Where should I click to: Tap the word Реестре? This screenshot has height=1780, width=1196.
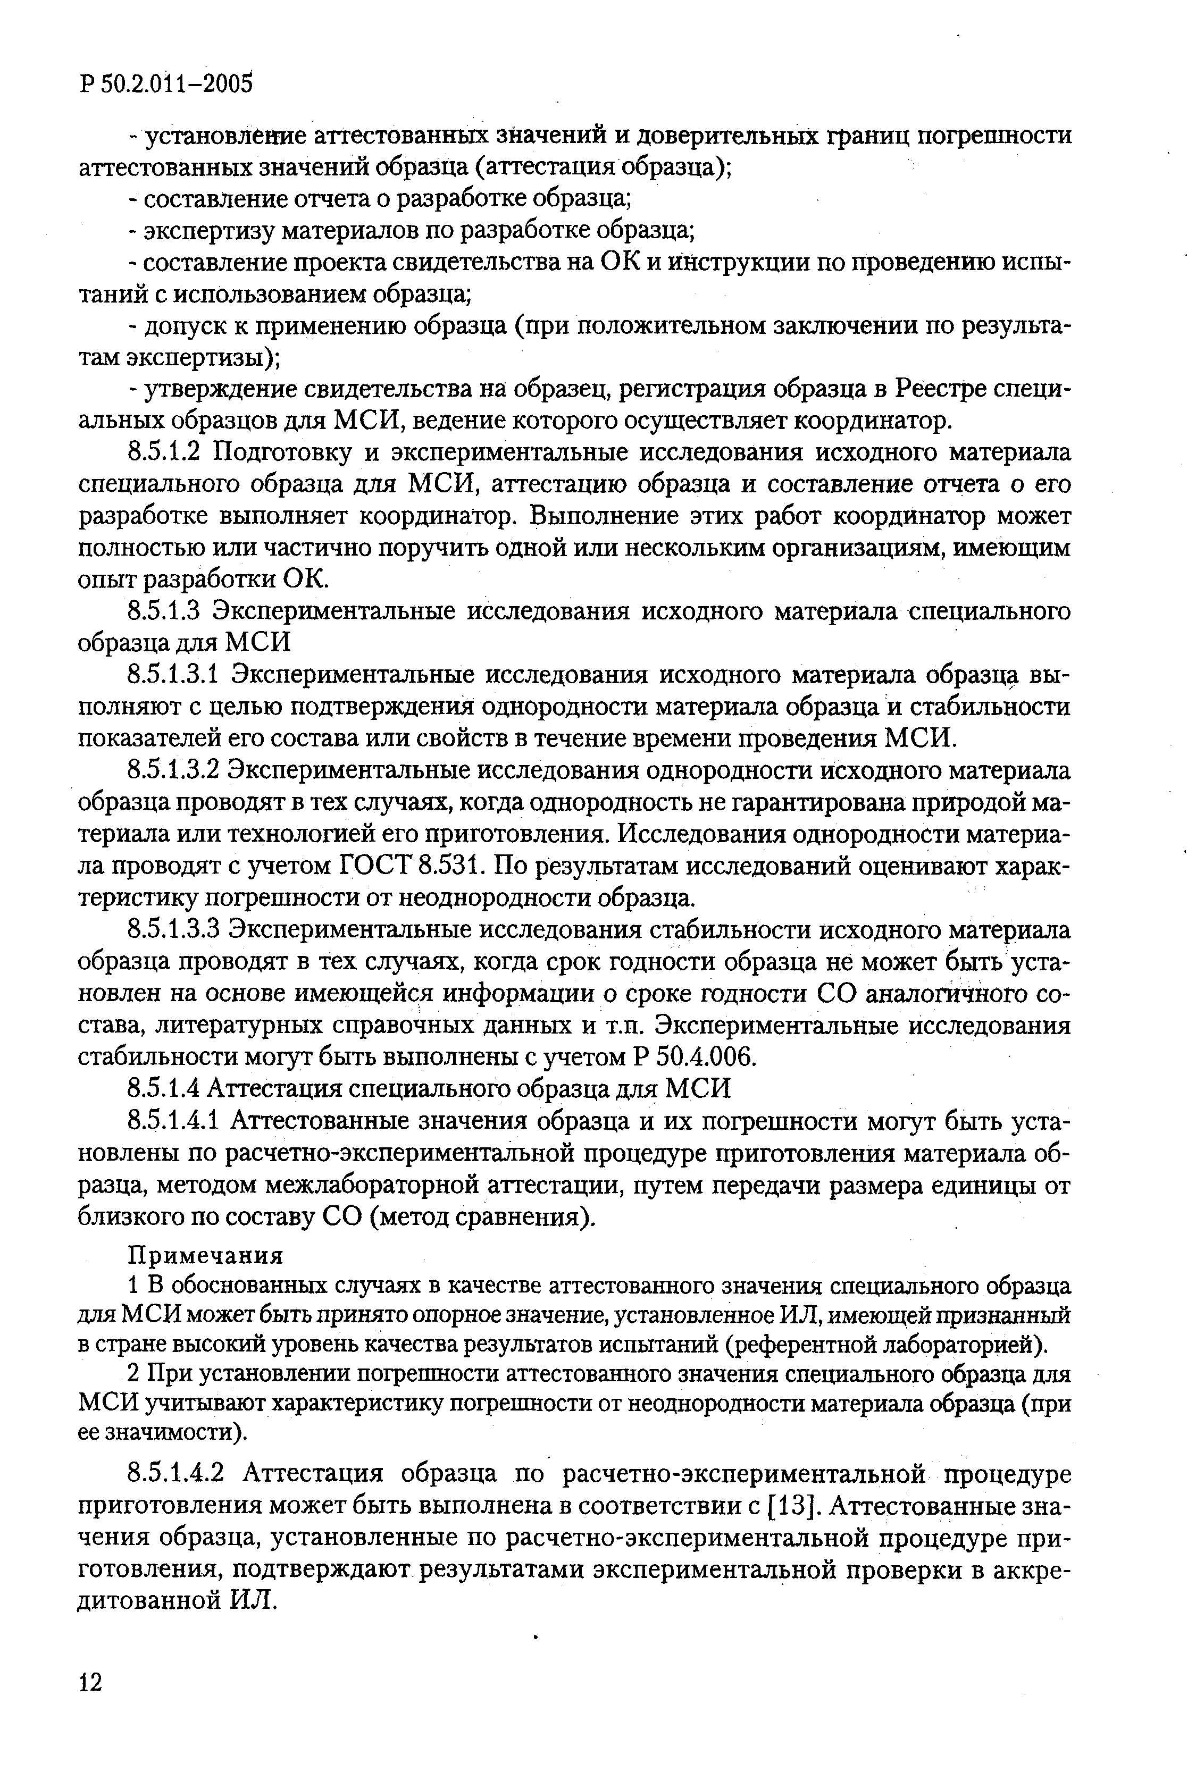941,390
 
